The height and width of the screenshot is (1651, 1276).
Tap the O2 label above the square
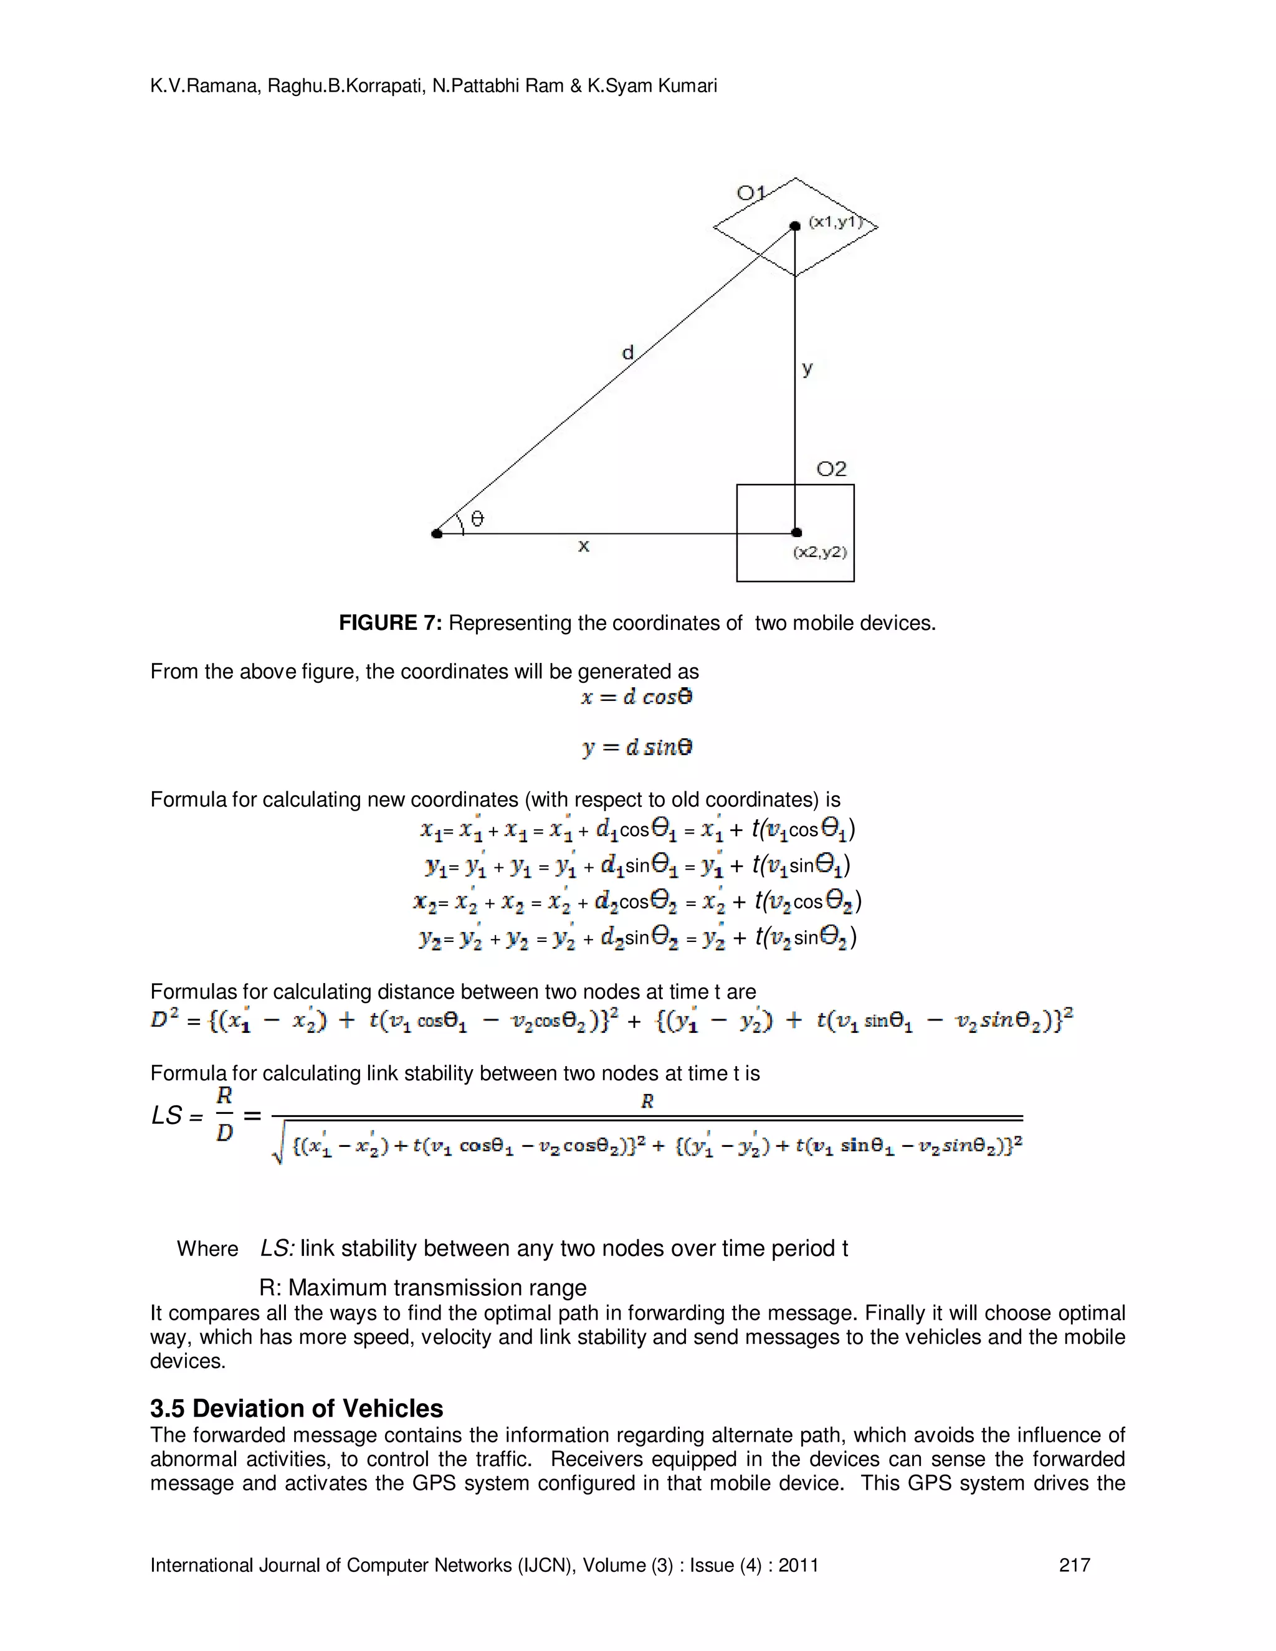coord(832,470)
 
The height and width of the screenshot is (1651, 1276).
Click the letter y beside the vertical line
coord(807,369)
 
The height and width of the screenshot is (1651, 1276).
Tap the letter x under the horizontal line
coord(584,546)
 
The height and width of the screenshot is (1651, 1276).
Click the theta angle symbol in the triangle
coord(477,518)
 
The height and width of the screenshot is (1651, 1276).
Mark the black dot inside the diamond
coord(794,226)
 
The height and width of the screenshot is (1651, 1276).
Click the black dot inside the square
coord(796,532)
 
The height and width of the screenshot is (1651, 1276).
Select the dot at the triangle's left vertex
coord(437,534)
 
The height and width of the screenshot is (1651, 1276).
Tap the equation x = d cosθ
coord(637,697)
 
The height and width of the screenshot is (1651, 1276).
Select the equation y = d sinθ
coord(637,748)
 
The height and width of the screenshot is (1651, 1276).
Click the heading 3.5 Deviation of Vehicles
coord(297,1409)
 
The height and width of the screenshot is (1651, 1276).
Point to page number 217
coord(1074,1565)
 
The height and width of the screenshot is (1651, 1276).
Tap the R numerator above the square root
coord(647,1101)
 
